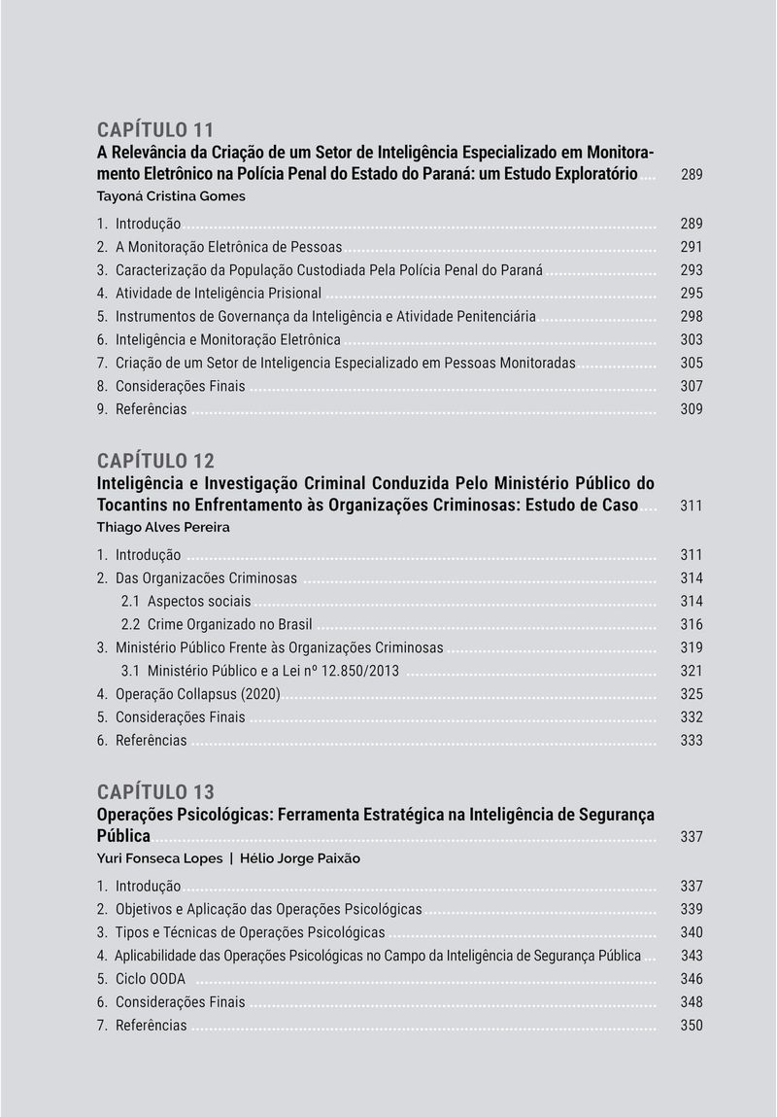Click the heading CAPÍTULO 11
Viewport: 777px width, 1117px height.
[155, 130]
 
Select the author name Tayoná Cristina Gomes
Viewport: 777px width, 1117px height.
[171, 196]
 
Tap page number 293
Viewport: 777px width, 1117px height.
[692, 270]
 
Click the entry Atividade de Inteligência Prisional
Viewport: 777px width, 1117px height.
[218, 294]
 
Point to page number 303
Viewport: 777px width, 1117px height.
[692, 340]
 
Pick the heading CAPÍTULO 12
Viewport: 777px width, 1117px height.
[155, 461]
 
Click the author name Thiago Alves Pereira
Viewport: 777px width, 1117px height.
[163, 528]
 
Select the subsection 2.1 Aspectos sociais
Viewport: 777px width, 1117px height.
[186, 602]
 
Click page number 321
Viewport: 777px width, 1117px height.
[692, 671]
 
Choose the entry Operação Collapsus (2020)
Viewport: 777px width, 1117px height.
[197, 694]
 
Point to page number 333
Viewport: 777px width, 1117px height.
[692, 741]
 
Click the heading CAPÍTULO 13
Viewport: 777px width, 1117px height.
[155, 792]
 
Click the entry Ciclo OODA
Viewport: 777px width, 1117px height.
[150, 979]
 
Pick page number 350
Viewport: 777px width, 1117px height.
[692, 1026]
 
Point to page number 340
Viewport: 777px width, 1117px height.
[692, 933]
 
